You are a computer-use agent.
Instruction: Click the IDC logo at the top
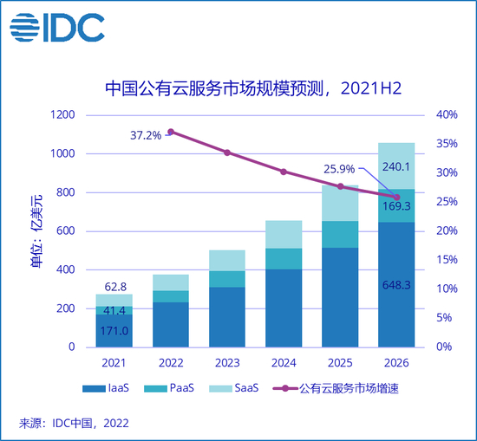[56, 28]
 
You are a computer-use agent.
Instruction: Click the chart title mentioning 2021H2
[244, 88]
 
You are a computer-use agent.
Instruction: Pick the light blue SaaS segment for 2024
[284, 234]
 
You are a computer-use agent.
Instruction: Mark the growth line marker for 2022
[171, 132]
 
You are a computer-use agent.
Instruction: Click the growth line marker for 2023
[227, 152]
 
